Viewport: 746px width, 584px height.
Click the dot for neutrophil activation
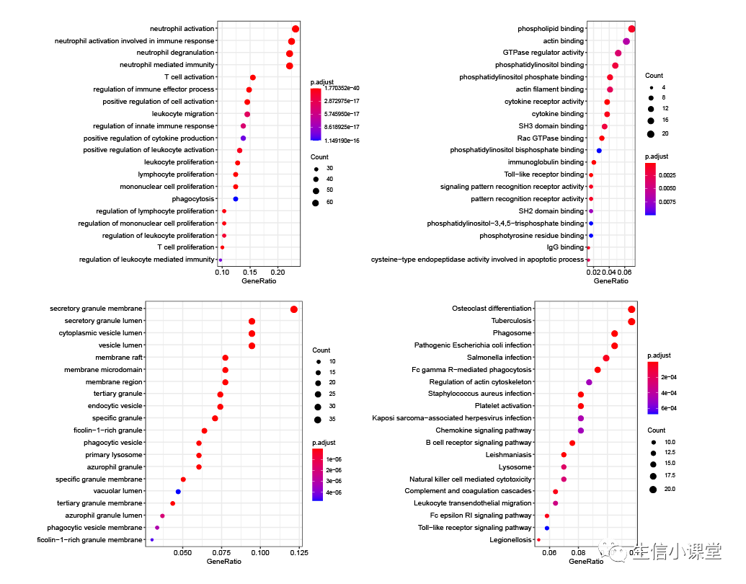(296, 29)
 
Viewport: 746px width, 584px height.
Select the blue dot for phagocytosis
(236, 199)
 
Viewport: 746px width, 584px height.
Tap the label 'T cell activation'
(190, 77)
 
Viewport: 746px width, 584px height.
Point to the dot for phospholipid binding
(631, 29)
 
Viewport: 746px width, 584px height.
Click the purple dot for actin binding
(626, 41)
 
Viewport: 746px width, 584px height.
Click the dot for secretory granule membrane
(294, 309)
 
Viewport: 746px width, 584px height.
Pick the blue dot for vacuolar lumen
(178, 492)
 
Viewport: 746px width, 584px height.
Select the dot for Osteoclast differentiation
(632, 309)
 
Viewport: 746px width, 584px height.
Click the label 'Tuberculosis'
(512, 321)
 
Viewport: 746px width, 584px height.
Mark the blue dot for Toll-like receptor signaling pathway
(547, 528)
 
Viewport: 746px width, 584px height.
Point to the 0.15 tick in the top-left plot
(250, 271)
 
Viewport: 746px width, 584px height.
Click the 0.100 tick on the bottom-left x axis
(260, 553)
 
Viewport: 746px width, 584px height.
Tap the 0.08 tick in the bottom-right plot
(579, 553)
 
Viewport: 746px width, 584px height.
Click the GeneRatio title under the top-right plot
(610, 280)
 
